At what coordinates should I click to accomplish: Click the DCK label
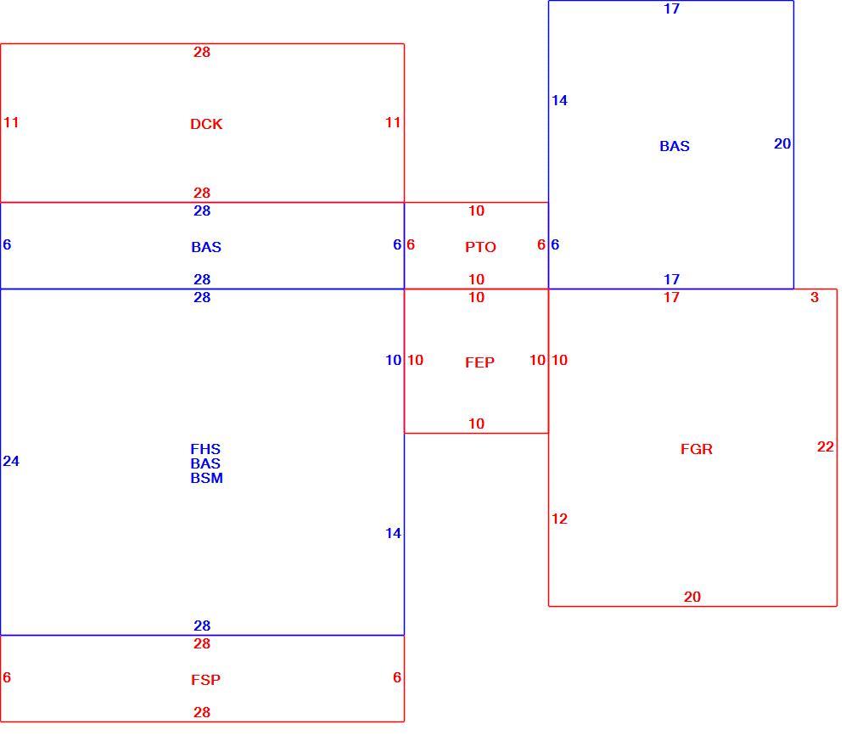[206, 124]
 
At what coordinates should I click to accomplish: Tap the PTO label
[480, 247]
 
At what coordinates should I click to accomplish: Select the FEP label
[480, 362]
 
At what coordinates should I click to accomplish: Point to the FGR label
[697, 449]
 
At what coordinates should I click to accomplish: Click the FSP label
[205, 680]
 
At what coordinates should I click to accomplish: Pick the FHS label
[205, 449]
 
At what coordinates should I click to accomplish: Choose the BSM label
[206, 478]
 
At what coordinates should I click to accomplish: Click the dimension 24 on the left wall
[11, 461]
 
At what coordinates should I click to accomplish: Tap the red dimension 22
[826, 446]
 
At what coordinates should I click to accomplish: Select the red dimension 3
[815, 297]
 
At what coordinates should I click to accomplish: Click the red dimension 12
[560, 519]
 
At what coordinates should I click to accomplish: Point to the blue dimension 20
[782, 143]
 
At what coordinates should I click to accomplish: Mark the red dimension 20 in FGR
[692, 597]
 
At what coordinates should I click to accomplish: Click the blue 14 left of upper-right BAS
[560, 100]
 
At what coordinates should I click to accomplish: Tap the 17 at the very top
[672, 8]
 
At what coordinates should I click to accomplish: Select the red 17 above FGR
[672, 297]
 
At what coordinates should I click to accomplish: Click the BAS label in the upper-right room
[675, 146]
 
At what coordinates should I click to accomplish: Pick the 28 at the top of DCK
[202, 52]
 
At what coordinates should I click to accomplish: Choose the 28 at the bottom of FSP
[202, 712]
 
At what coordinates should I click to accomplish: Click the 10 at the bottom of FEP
[476, 424]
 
